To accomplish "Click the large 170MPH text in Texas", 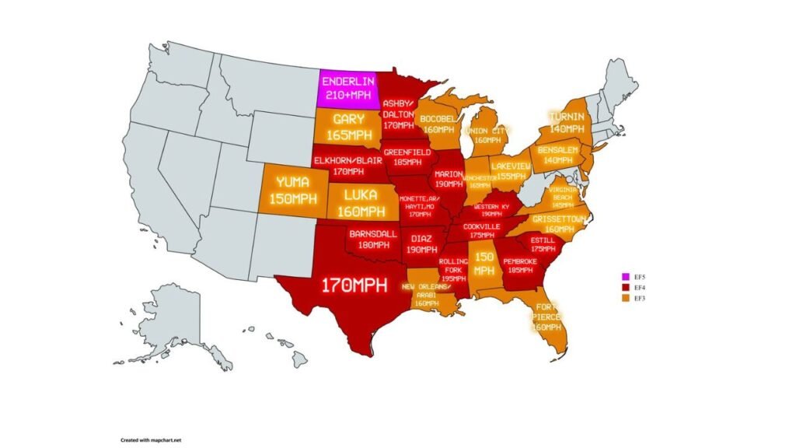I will click(354, 285).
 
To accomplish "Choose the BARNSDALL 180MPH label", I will click(373, 238).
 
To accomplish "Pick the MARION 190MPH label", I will click(449, 179).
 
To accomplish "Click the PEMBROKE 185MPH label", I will click(520, 265).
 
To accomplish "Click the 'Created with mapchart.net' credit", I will click(150, 439).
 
